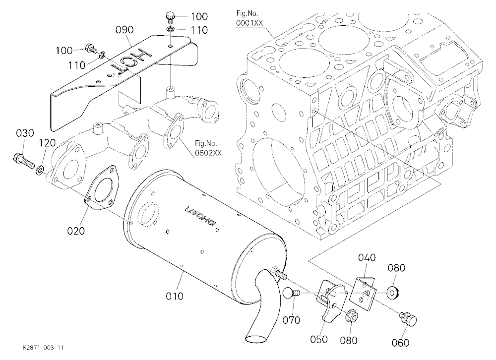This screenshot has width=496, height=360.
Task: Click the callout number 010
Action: coord(174,296)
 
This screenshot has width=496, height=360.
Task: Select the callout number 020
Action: coord(76,231)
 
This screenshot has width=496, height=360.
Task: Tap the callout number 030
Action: coord(25,133)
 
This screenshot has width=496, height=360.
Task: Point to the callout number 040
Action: coord(367,257)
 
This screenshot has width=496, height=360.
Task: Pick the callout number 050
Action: coord(319,340)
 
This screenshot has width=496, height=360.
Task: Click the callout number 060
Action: coord(400,343)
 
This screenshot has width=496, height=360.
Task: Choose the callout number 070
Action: coord(291,320)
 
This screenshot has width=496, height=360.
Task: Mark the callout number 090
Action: coord(124,30)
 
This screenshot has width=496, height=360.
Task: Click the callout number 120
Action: coord(47,143)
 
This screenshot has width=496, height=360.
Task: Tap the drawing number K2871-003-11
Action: coord(43,348)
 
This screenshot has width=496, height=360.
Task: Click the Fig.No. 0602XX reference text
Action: coord(208,149)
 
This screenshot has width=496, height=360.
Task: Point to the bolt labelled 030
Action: coord(25,160)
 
